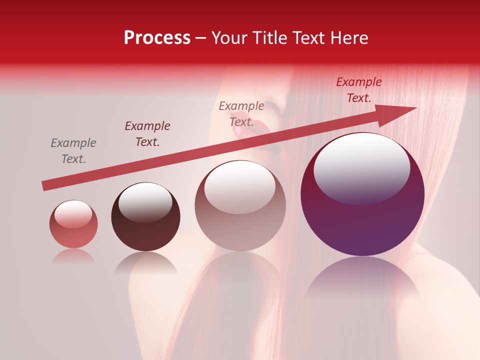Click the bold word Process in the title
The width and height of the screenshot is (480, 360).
point(157,38)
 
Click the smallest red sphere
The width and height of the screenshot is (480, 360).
point(73,224)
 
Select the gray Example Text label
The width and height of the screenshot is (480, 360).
point(73,151)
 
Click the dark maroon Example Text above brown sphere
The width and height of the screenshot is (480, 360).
point(147,134)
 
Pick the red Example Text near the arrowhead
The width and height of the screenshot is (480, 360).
point(359,90)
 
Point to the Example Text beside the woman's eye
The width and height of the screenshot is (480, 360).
point(241,113)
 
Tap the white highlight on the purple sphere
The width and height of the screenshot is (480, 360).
point(361,167)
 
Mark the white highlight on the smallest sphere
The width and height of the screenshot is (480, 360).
point(73,213)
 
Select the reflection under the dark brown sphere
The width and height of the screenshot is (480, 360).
point(145,262)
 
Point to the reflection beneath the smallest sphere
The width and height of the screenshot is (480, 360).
point(73,256)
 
